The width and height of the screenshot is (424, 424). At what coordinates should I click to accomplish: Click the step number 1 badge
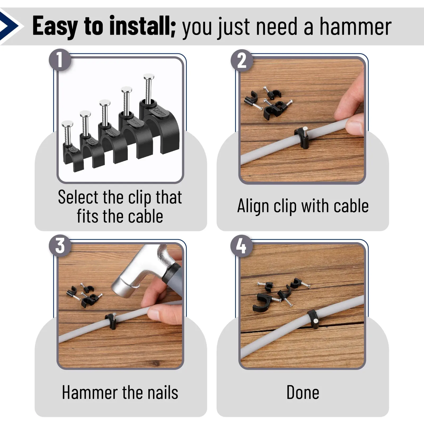click(60, 60)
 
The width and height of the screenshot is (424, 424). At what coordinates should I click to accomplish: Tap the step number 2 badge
click(242, 60)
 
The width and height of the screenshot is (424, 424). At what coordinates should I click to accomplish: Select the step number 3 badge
click(60, 246)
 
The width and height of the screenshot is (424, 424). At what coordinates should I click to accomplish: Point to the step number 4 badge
click(242, 246)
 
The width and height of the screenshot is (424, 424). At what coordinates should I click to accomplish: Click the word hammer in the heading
click(356, 26)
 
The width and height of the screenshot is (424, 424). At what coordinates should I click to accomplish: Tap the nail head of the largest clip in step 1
click(149, 77)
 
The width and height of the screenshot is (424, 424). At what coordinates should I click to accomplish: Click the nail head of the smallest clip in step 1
click(67, 124)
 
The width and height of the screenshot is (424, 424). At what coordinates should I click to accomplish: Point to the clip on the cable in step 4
click(313, 319)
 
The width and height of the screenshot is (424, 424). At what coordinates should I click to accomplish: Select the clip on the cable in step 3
click(111, 321)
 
